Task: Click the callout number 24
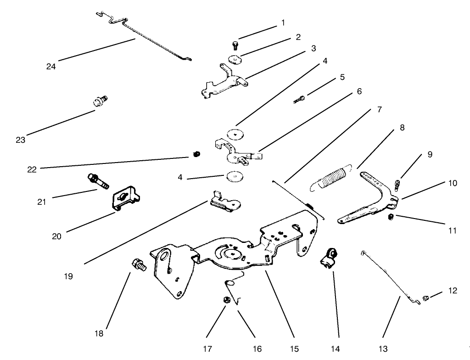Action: click(51, 66)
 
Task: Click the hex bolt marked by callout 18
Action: click(138, 265)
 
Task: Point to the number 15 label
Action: click(293, 349)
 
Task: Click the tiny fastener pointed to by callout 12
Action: click(425, 299)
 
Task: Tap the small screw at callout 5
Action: click(299, 99)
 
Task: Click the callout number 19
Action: click(69, 277)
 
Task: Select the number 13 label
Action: click(383, 349)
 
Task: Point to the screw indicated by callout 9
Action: click(397, 185)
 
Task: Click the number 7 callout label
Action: click(379, 110)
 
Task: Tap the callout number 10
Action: click(453, 183)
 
